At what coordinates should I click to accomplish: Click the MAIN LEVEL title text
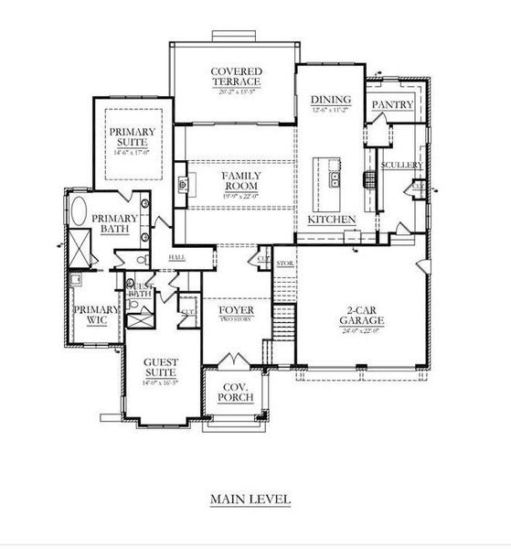pos(250,500)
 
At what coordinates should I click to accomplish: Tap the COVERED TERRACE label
pos(237,77)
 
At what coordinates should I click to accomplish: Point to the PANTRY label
pos(392,105)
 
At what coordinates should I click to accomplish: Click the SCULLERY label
pos(402,165)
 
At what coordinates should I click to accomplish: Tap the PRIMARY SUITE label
pos(133,137)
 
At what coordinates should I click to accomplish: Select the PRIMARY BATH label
pos(115,224)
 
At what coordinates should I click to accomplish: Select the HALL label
pos(178,257)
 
